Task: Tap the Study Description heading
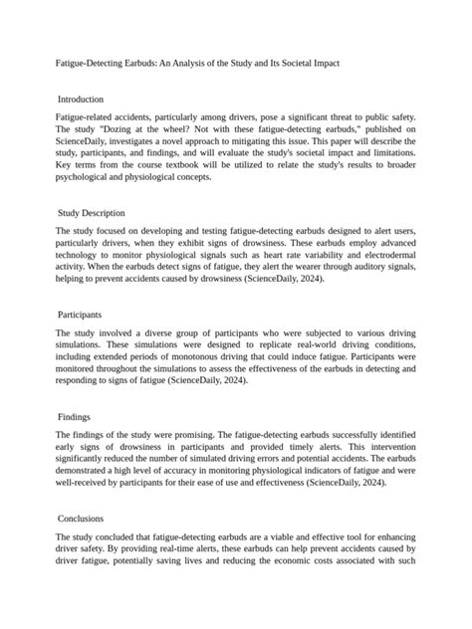[x=92, y=213]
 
